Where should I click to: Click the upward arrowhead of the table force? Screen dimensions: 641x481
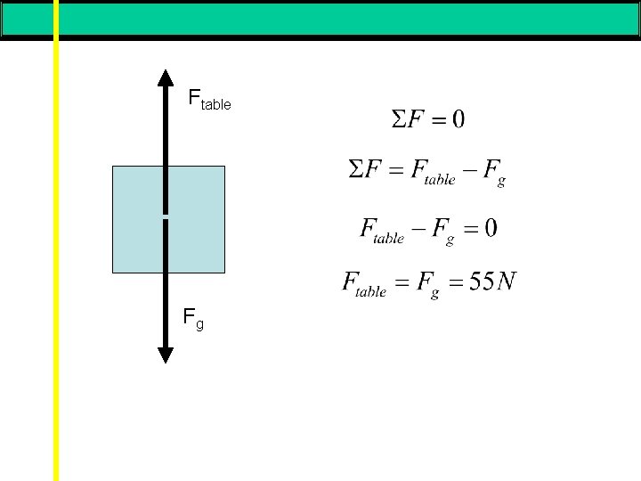(x=166, y=78)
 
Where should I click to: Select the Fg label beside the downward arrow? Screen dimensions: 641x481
(x=193, y=317)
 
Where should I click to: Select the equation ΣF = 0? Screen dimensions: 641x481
(x=427, y=118)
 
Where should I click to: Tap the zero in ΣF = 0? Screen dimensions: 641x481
(x=457, y=118)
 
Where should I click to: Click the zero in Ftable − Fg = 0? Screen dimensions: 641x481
(x=491, y=228)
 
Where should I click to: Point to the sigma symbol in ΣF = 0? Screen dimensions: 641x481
(x=400, y=118)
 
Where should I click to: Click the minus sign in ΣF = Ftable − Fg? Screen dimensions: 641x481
(x=467, y=171)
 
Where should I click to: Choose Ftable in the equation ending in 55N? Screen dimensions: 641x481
(x=364, y=284)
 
